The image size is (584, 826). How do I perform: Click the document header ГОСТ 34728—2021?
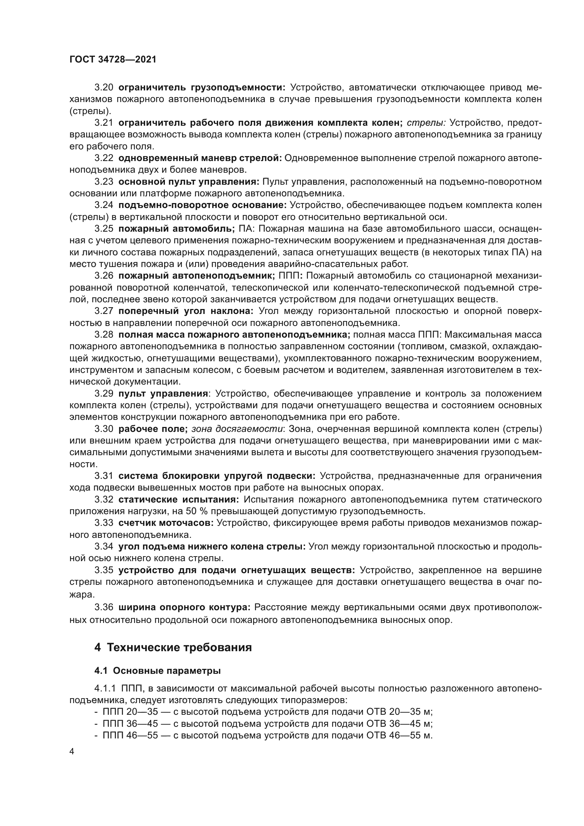coord(113,60)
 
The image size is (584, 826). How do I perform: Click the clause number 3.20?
coord(103,88)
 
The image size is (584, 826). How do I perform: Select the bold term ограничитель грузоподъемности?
coord(202,88)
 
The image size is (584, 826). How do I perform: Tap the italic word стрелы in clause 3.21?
coord(426,123)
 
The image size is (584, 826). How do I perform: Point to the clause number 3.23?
coord(103,182)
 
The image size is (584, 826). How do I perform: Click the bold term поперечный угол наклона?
coord(186,311)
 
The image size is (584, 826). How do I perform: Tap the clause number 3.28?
coord(103,334)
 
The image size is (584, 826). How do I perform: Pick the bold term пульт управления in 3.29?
coord(163,393)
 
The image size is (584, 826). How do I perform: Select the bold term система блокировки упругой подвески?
coord(217,476)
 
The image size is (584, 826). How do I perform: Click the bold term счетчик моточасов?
coord(166,523)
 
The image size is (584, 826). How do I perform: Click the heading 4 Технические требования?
coord(173,648)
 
